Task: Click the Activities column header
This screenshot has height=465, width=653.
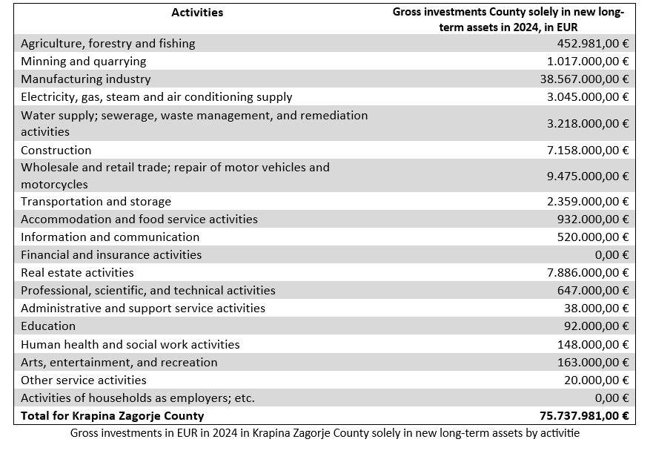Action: pyautogui.click(x=197, y=13)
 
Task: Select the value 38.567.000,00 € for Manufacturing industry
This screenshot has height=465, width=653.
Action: pyautogui.click(x=584, y=79)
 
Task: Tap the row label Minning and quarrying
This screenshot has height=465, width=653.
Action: pyautogui.click(x=83, y=62)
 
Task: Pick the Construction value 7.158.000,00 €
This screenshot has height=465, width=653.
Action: pyautogui.click(x=588, y=151)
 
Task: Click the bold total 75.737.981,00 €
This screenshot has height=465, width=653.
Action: pyautogui.click(x=584, y=416)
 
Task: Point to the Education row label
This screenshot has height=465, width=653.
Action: pyautogui.click(x=48, y=326)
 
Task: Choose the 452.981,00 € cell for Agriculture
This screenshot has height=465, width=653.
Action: pyautogui.click(x=593, y=44)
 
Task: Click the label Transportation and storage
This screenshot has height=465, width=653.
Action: pyautogui.click(x=96, y=202)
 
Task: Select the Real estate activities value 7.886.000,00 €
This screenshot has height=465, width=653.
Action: pyautogui.click(x=588, y=273)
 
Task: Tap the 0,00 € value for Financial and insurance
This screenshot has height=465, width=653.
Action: pyautogui.click(x=611, y=255)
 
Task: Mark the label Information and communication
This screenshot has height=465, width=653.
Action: pyautogui.click(x=110, y=237)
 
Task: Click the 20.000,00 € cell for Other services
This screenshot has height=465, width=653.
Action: pyautogui.click(x=597, y=380)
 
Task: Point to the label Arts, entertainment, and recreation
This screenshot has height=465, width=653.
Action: pyautogui.click(x=119, y=363)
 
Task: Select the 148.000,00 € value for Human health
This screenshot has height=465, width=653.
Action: pyautogui.click(x=593, y=345)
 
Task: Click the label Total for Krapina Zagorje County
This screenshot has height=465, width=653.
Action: pyautogui.click(x=113, y=416)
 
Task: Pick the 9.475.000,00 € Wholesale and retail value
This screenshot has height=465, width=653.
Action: pyautogui.click(x=588, y=177)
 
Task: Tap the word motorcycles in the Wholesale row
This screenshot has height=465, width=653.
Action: pyautogui.click(x=54, y=185)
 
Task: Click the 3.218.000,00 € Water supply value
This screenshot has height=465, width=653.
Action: pyautogui.click(x=588, y=124)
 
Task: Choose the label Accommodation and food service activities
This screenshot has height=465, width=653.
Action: pyautogui.click(x=139, y=220)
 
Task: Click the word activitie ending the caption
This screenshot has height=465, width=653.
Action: pyautogui.click(x=560, y=433)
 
